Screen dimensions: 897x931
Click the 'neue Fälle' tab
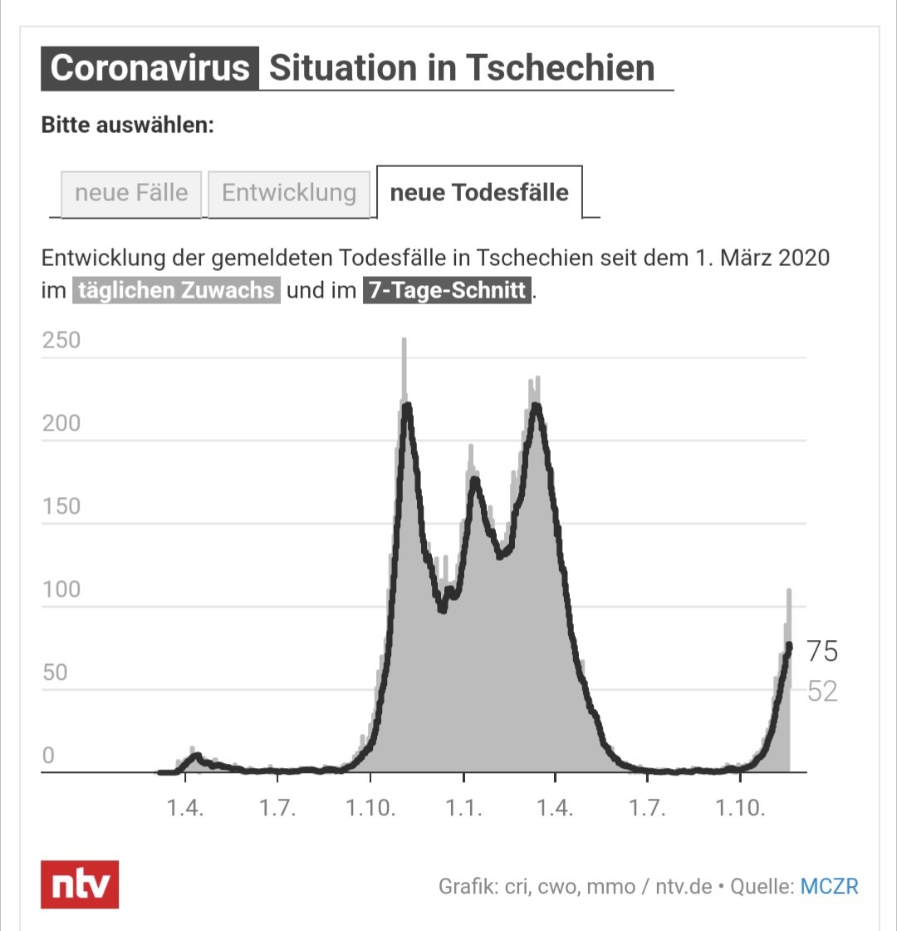[131, 194]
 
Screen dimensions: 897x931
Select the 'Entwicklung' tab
[289, 194]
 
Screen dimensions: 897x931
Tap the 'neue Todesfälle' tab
[479, 192]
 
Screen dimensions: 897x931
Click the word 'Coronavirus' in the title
[149, 67]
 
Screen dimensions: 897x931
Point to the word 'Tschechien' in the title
[560, 67]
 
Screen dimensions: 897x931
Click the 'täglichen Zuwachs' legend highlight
[176, 290]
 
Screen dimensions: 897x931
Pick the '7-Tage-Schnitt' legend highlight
[448, 290]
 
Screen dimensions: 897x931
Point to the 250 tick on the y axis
[61, 340]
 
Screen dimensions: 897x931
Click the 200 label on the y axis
[61, 423]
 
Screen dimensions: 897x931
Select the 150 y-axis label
[61, 506]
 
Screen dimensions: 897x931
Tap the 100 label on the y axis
[61, 589]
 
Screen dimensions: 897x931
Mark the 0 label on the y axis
[49, 756]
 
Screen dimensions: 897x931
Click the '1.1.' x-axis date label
[464, 808]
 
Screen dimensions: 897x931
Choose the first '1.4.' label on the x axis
[185, 808]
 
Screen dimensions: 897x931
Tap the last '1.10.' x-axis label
[740, 808]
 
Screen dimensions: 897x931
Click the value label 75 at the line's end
[822, 652]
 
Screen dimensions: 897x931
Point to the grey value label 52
[822, 691]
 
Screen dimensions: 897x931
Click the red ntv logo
[80, 884]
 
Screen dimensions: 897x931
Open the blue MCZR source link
[829, 886]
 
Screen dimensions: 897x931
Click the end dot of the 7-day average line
[789, 645]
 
